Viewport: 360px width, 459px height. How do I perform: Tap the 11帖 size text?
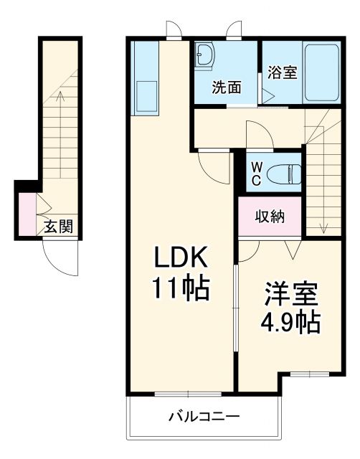pyautogui.click(x=180, y=288)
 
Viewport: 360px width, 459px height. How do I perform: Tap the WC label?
pyautogui.click(x=255, y=174)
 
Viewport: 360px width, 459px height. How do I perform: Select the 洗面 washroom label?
pyautogui.click(x=225, y=88)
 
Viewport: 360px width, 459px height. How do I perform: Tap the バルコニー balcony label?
pyautogui.click(x=204, y=416)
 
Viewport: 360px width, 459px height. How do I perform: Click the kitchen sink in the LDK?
pyautogui.click(x=148, y=94)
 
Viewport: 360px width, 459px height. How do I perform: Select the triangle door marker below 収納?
pyautogui.click(x=292, y=250)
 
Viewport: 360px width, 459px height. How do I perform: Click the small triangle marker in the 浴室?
pyautogui.click(x=267, y=94)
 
